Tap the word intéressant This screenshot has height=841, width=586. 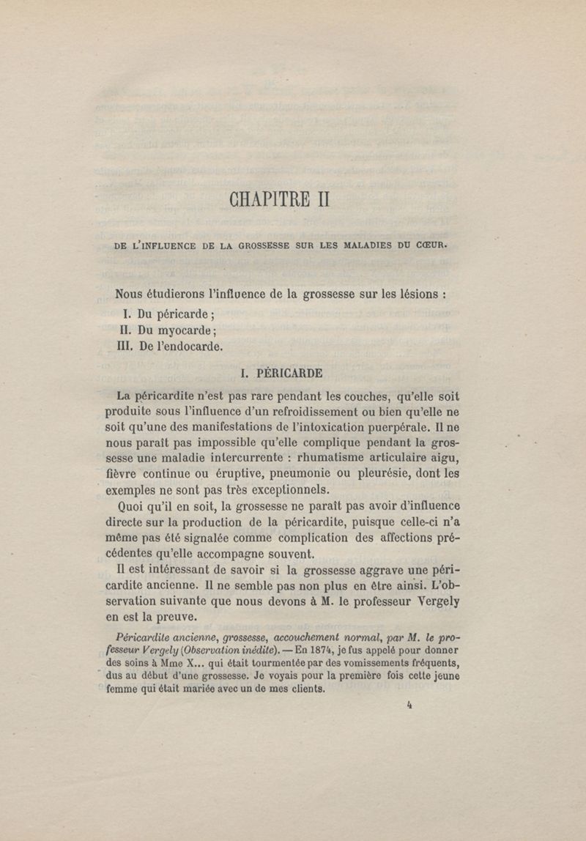tap(180, 571)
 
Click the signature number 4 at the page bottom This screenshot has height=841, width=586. tap(409, 707)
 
